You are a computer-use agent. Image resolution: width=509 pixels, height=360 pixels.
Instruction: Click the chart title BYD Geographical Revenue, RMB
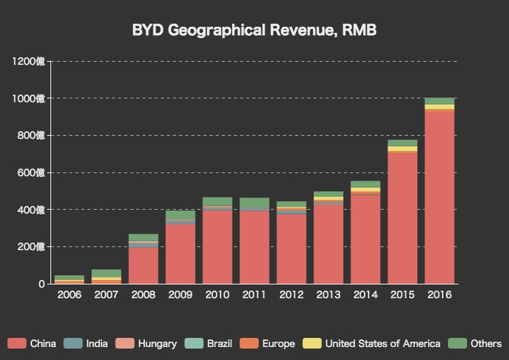pyautogui.click(x=254, y=31)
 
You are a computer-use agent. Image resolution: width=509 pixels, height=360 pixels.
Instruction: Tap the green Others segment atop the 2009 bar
pyautogui.click(x=181, y=215)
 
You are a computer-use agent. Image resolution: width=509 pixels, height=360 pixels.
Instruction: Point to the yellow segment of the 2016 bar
pyautogui.click(x=440, y=107)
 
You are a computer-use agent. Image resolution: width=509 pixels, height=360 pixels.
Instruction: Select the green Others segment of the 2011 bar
pyautogui.click(x=254, y=202)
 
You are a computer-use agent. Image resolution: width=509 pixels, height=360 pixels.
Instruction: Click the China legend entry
pyautogui.click(x=26, y=344)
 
